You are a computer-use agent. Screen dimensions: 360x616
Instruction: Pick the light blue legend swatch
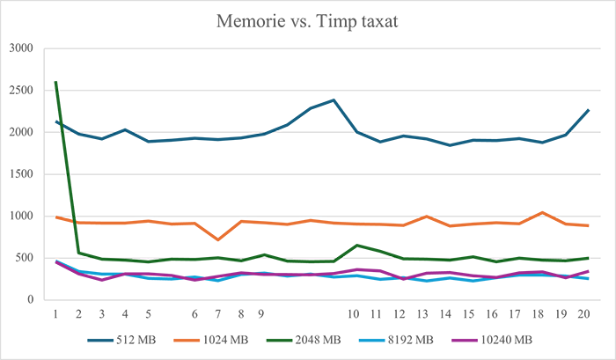click(x=369, y=338)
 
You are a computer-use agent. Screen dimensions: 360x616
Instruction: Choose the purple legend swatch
click(x=465, y=338)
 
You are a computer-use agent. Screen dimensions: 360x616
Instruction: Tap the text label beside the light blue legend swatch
click(x=406, y=339)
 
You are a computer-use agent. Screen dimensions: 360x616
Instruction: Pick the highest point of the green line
click(x=59, y=76)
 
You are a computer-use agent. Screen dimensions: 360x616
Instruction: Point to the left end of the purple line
click(x=57, y=267)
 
